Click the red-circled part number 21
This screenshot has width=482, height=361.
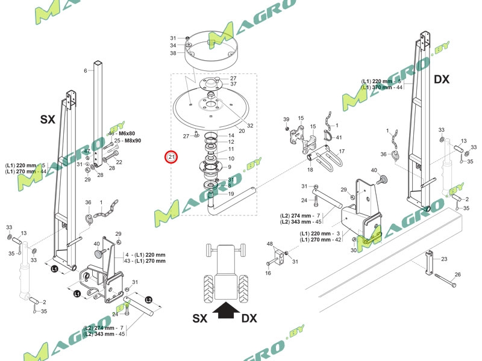pyautogui.click(x=172, y=158)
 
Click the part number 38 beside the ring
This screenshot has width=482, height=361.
pyautogui.click(x=173, y=53)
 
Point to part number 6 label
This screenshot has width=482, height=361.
pyautogui.click(x=86, y=71)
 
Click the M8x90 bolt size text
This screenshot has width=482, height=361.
pyautogui.click(x=130, y=141)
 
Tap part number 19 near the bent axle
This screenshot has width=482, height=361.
pyautogui.click(x=231, y=194)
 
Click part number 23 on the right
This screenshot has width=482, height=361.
pyautogui.click(x=444, y=259)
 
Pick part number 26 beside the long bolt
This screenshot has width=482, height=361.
pyautogui.click(x=457, y=275)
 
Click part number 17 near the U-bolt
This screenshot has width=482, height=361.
pyautogui.click(x=341, y=151)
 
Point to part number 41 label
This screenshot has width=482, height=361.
pyautogui.click(x=339, y=138)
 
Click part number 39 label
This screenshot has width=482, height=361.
pyautogui.click(x=286, y=119)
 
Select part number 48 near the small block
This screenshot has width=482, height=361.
pyautogui.click(x=271, y=244)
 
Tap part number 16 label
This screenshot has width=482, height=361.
pyautogui.click(x=269, y=273)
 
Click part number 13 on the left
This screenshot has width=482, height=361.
pyautogui.click(x=24, y=233)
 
